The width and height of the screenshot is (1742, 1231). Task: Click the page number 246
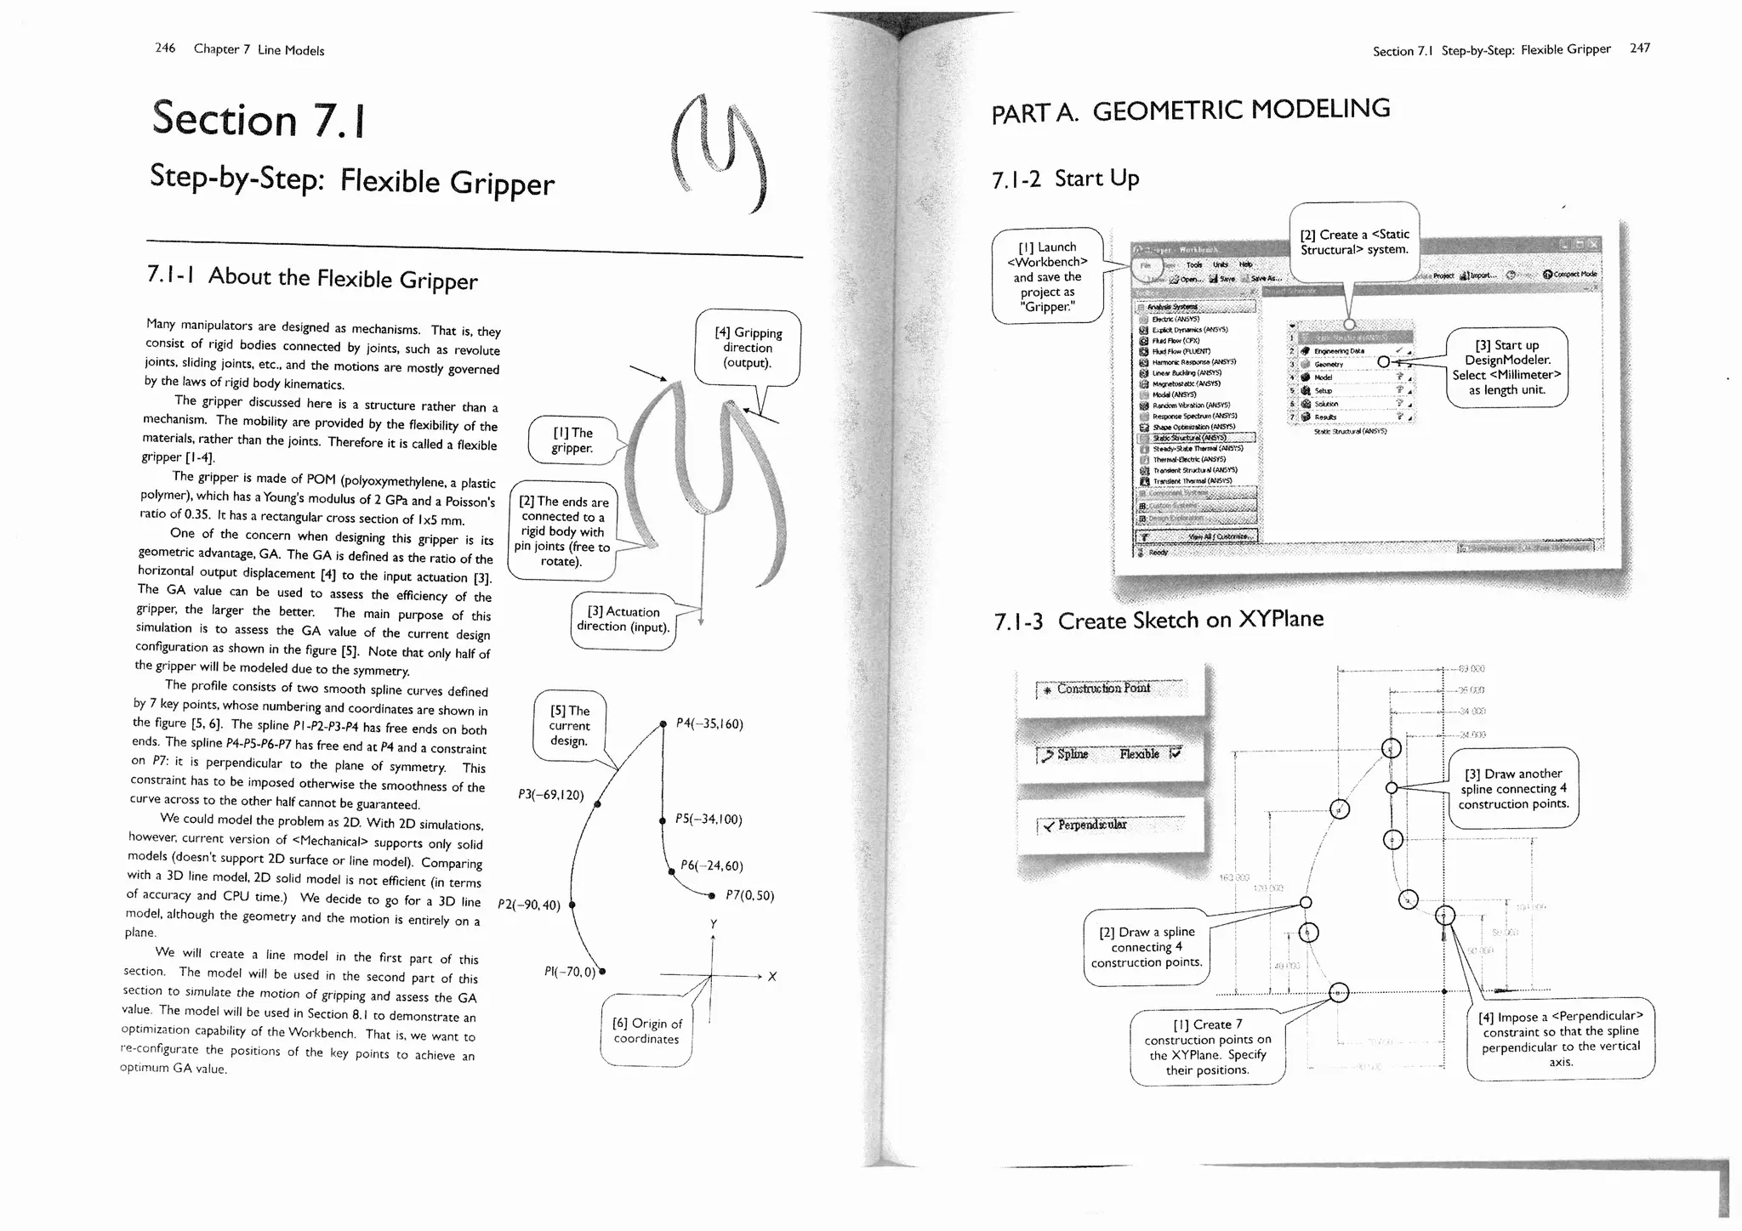pyautogui.click(x=165, y=48)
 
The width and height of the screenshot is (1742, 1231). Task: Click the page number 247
pyautogui.click(x=1640, y=48)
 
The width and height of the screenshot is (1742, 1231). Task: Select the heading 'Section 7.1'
pyautogui.click(x=259, y=118)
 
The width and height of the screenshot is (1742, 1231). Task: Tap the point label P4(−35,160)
pyautogui.click(x=709, y=723)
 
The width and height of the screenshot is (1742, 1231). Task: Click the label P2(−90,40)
pyautogui.click(x=529, y=905)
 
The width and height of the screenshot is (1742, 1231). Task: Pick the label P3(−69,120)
pyautogui.click(x=550, y=795)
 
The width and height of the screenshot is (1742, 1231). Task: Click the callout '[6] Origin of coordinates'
pyautogui.click(x=646, y=1030)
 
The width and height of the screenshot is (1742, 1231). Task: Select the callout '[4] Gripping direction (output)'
pyautogui.click(x=748, y=348)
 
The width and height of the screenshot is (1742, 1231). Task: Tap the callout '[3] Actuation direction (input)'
pyautogui.click(x=623, y=619)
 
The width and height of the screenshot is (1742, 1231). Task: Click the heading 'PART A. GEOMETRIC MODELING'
pyautogui.click(x=1191, y=111)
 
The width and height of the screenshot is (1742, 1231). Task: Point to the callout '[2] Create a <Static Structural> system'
pyautogui.click(x=1354, y=241)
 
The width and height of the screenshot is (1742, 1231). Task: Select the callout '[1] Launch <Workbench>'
pyautogui.click(x=1047, y=276)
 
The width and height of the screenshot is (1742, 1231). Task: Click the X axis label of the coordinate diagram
pyautogui.click(x=771, y=976)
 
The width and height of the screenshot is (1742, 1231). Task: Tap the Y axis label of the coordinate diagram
pyautogui.click(x=713, y=924)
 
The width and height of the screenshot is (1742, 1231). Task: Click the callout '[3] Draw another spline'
pyautogui.click(x=1514, y=788)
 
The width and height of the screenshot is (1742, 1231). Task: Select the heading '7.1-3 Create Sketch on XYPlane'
pyautogui.click(x=1158, y=620)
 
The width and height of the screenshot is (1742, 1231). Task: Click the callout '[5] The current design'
pyautogui.click(x=569, y=725)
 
